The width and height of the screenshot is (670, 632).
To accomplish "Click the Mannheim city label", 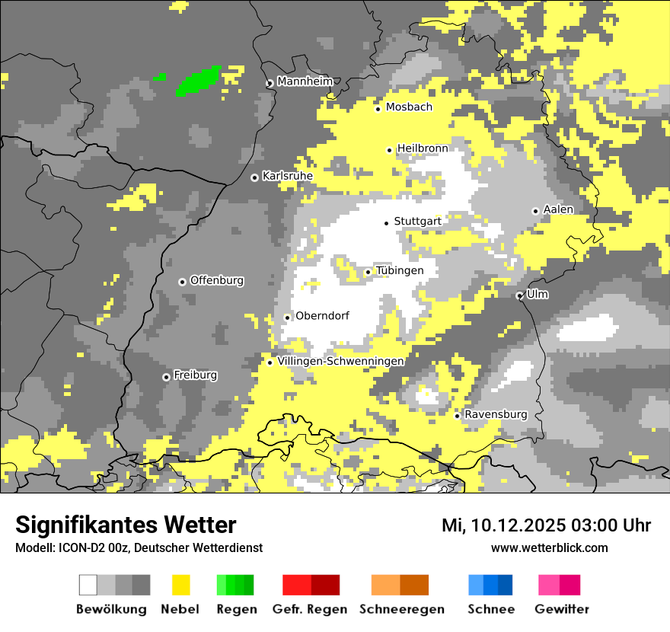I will [x=305, y=81].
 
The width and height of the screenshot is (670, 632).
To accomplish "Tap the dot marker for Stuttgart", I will [x=386, y=223].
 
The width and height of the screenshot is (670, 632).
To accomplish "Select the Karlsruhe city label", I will [x=287, y=176].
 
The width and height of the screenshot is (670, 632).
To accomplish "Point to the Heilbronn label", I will [x=423, y=148].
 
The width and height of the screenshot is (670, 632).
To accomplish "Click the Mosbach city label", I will [x=409, y=107].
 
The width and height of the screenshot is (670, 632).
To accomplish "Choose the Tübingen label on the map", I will [x=400, y=270].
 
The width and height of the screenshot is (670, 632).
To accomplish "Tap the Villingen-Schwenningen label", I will [x=340, y=361].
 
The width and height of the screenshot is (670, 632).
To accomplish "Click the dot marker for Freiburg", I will [x=166, y=377].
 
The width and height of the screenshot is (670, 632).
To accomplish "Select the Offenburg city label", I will [x=217, y=280].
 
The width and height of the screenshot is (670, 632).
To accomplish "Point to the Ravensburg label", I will [x=496, y=414].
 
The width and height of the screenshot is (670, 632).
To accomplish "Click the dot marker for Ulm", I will [x=519, y=295].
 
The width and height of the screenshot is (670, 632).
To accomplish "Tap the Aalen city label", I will [x=558, y=209].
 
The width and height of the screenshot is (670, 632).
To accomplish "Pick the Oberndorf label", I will [x=322, y=315].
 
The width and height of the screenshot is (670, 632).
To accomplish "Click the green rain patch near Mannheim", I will [x=198, y=80].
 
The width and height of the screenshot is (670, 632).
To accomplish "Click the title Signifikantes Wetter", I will [x=126, y=525].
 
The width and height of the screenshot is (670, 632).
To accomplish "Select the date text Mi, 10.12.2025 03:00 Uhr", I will [x=546, y=525].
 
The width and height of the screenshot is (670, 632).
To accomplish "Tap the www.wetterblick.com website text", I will [x=549, y=547].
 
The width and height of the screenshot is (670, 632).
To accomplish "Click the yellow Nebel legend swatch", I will [x=181, y=585].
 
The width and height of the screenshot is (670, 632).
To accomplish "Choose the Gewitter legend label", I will [x=561, y=609].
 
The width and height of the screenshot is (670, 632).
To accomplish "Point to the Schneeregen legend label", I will [x=402, y=609].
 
